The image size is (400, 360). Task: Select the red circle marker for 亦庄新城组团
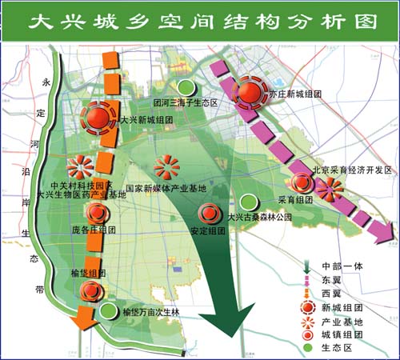click(249, 92)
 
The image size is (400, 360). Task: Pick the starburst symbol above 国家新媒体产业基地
click(166, 167)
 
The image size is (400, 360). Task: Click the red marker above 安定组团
click(210, 213)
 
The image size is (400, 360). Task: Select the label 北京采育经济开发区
click(350, 170)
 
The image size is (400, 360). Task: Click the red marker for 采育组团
click(302, 183)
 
